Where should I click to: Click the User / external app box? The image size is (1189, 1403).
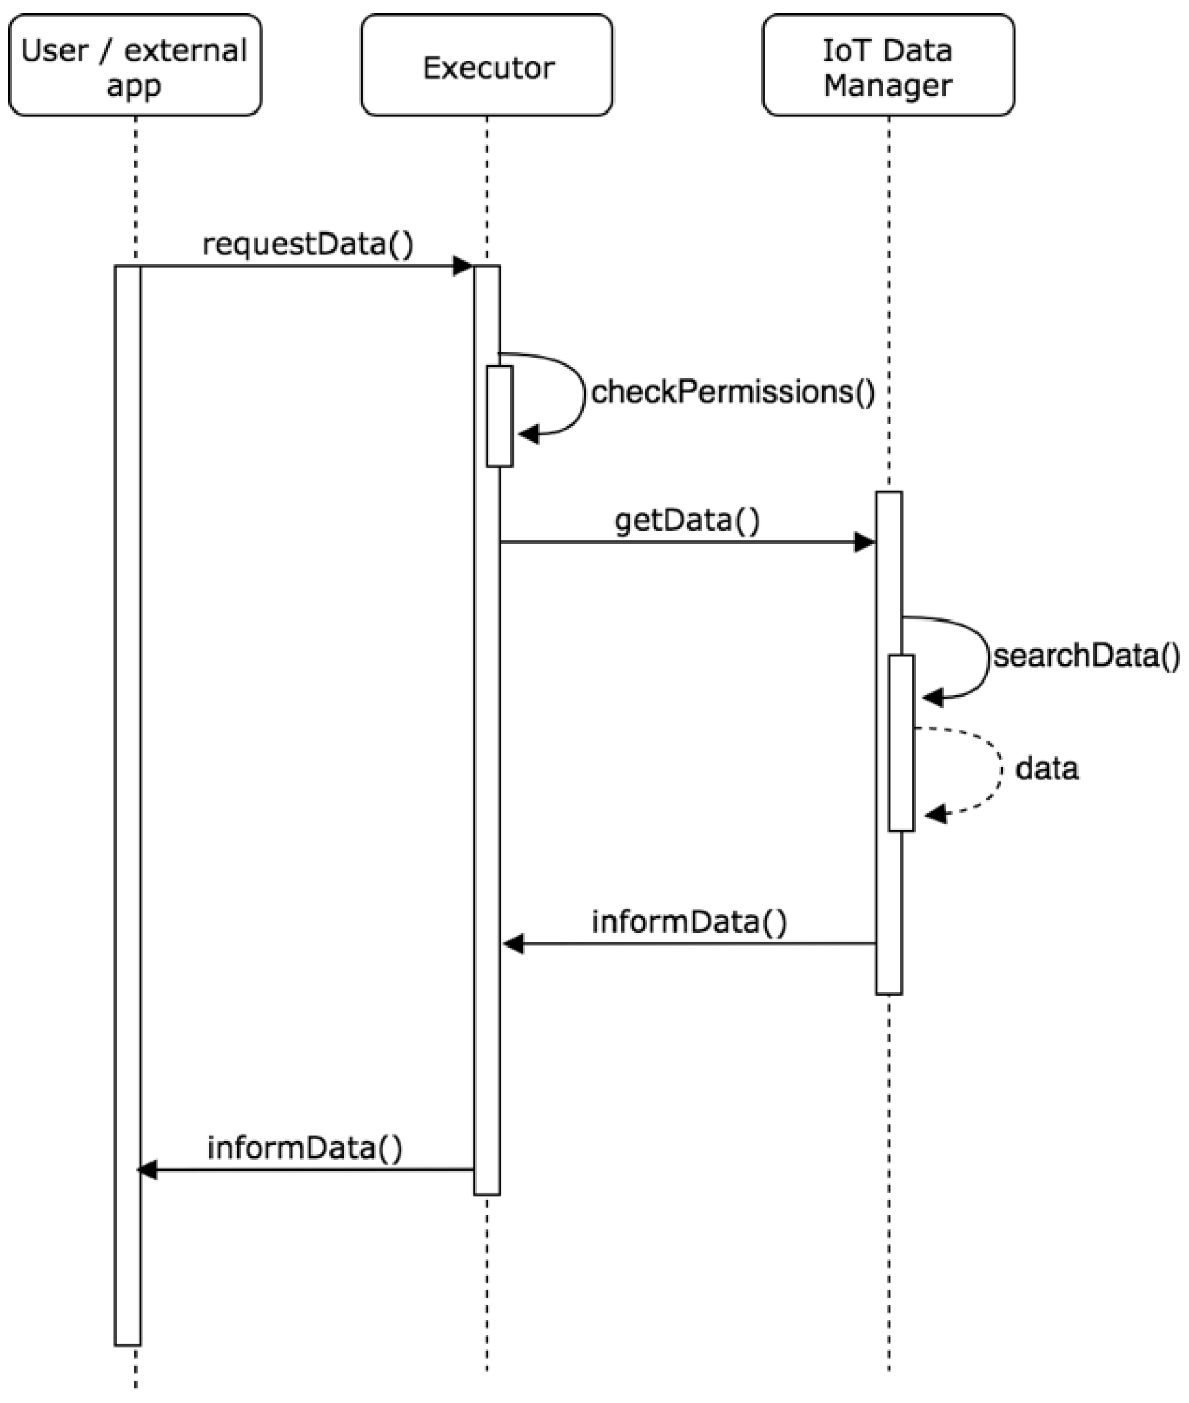pyautogui.click(x=135, y=65)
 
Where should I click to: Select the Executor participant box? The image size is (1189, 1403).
pyautogui.click(x=487, y=66)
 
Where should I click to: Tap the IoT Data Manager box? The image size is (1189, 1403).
pyautogui.click(x=888, y=65)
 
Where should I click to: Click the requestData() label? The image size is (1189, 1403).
pyautogui.click(x=308, y=244)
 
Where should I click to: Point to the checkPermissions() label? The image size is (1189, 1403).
pyautogui.click(x=733, y=392)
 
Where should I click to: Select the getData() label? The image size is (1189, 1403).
pyautogui.click(x=687, y=521)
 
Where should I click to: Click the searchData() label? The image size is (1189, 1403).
pyautogui.click(x=1086, y=656)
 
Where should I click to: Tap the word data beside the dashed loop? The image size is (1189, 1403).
pyautogui.click(x=1046, y=769)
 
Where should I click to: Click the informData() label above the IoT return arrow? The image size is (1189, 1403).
pyautogui.click(x=689, y=922)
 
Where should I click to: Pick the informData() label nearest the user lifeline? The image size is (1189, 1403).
pyautogui.click(x=305, y=1148)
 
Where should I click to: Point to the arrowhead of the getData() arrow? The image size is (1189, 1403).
pyautogui.click(x=865, y=542)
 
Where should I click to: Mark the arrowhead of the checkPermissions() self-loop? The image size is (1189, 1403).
pyautogui.click(x=528, y=434)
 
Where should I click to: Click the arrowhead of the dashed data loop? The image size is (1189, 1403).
pyautogui.click(x=935, y=814)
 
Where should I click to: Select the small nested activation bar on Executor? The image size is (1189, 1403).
pyautogui.click(x=500, y=416)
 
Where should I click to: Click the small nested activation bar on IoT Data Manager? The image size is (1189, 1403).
pyautogui.click(x=902, y=742)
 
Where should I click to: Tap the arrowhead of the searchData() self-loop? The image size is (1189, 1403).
pyautogui.click(x=932, y=697)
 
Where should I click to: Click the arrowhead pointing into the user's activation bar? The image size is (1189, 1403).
pyautogui.click(x=146, y=1170)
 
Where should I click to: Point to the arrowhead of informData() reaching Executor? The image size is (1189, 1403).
pyautogui.click(x=513, y=943)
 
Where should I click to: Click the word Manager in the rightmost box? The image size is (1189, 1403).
pyautogui.click(x=888, y=86)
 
